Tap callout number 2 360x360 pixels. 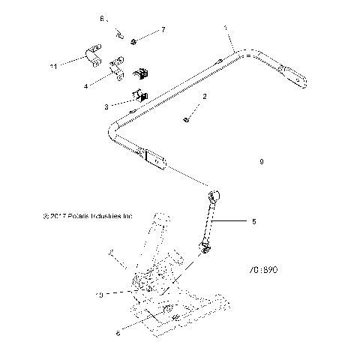click(x=205, y=97)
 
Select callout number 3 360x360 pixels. click(x=107, y=106)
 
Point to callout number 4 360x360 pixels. click(x=86, y=86)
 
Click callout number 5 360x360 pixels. click(x=253, y=221)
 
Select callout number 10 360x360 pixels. click(x=99, y=295)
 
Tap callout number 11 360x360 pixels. click(x=53, y=67)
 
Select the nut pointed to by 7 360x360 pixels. click(x=133, y=40)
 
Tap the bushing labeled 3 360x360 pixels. click(x=140, y=97)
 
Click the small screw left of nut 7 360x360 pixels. click(x=118, y=31)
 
